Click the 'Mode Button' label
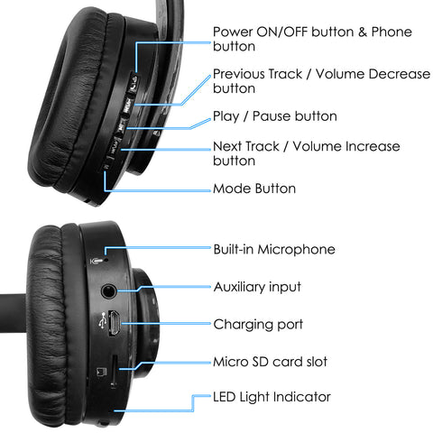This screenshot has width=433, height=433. (x=254, y=189)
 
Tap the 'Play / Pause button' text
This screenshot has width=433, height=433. (x=275, y=116)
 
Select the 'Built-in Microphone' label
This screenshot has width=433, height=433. (x=274, y=249)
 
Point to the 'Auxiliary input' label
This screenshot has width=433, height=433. (x=257, y=287)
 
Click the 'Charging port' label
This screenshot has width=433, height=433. (x=258, y=325)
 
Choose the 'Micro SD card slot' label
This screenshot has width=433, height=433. (x=270, y=362)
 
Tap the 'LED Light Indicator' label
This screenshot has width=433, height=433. (x=272, y=397)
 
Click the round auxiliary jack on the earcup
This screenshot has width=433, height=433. (x=108, y=291)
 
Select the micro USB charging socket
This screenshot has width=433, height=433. (x=114, y=323)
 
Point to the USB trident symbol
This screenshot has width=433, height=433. (x=103, y=320)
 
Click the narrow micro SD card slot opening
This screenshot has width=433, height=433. (x=114, y=370)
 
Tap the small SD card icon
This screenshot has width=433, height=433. (x=101, y=372)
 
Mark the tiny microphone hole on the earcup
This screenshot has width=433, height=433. (x=106, y=259)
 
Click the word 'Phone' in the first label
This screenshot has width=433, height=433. (x=392, y=32)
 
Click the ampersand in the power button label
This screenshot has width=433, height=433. (x=363, y=32)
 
